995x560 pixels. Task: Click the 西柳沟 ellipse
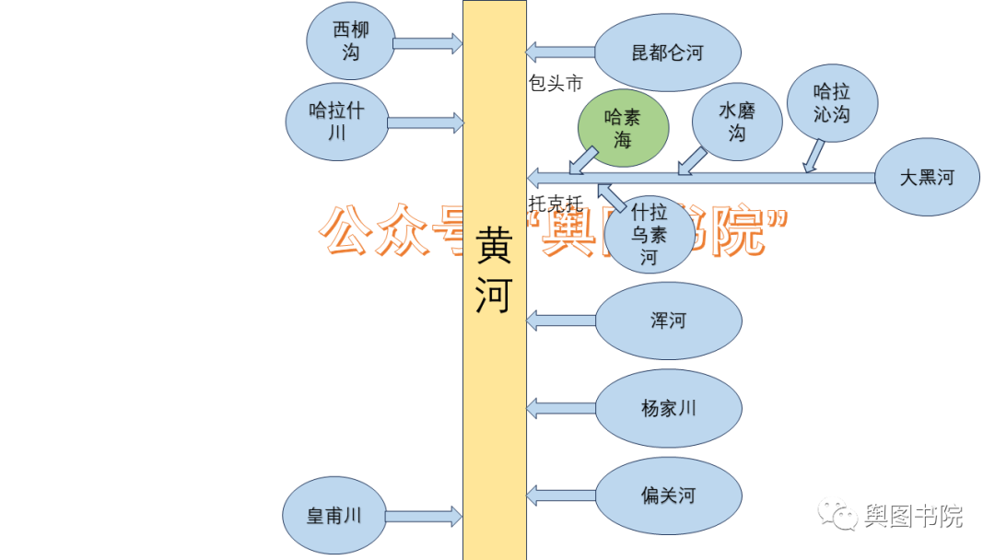[350, 41]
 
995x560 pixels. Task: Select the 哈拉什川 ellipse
[336, 122]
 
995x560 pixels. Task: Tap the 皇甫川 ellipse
[334, 517]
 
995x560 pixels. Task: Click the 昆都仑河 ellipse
[667, 53]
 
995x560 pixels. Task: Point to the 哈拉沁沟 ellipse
[832, 102]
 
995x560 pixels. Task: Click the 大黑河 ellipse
[927, 178]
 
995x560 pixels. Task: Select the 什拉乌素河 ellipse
[649, 235]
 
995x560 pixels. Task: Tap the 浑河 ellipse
[668, 321]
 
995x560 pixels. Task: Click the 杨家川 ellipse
[668, 408]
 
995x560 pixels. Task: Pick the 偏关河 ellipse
[668, 496]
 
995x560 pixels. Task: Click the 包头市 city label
[556, 84]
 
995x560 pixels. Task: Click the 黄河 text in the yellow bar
[494, 271]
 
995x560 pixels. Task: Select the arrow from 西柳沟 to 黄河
[427, 42]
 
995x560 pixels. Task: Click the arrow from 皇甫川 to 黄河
[423, 516]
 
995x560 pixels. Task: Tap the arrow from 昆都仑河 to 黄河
[560, 52]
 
